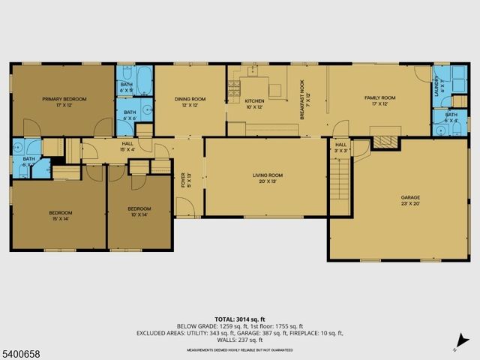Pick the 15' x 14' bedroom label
point(61,215)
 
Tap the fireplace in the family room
point(386,139)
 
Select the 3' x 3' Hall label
point(340,147)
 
